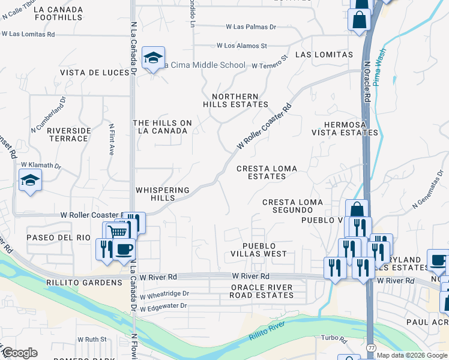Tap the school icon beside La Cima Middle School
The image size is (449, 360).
(x=153, y=58)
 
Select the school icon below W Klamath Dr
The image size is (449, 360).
(x=30, y=180)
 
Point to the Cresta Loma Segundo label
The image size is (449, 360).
(x=292, y=206)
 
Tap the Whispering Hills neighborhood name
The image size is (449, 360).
(x=163, y=194)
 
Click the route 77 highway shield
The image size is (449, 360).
(x=371, y=347)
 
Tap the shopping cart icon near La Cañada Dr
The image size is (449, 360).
(x=119, y=232)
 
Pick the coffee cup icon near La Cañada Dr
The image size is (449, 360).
(x=124, y=249)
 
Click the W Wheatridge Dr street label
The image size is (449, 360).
(x=164, y=295)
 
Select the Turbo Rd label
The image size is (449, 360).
(x=334, y=338)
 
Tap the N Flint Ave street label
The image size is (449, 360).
(x=111, y=140)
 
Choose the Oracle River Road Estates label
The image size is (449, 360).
(x=262, y=291)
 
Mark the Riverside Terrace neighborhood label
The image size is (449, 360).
(x=69, y=134)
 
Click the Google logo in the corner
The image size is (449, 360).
(x=20, y=352)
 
